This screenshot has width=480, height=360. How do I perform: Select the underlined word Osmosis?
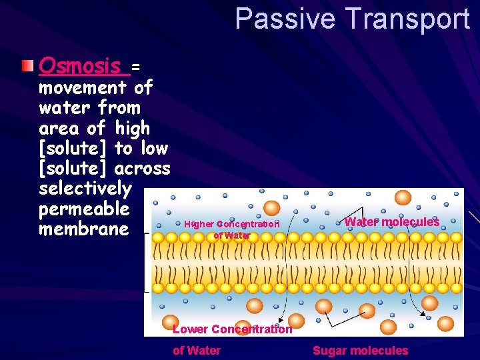pyautogui.click(x=81, y=66)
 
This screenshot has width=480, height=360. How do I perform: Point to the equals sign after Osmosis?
pyautogui.click(x=135, y=67)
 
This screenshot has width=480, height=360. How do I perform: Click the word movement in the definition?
pyautogui.click(x=83, y=87)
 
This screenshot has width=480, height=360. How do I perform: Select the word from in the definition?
pyautogui.click(x=119, y=107)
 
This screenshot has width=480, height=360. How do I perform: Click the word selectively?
pyautogui.click(x=85, y=189)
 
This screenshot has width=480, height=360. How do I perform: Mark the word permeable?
pyautogui.click(x=83, y=209)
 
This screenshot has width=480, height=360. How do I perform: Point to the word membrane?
pyautogui.click(x=83, y=229)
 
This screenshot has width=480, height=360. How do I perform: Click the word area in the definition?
pyautogui.click(x=59, y=127)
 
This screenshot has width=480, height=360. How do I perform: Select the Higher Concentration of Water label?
pyautogui.click(x=231, y=229)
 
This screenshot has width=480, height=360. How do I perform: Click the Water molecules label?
pyautogui.click(x=392, y=222)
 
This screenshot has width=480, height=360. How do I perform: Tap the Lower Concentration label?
pyautogui.click(x=232, y=329)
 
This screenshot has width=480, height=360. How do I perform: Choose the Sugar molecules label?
pyautogui.click(x=360, y=351)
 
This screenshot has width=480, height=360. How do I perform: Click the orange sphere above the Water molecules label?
pyautogui.click(x=403, y=197)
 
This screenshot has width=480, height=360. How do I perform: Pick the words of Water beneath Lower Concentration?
pyautogui.click(x=197, y=351)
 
